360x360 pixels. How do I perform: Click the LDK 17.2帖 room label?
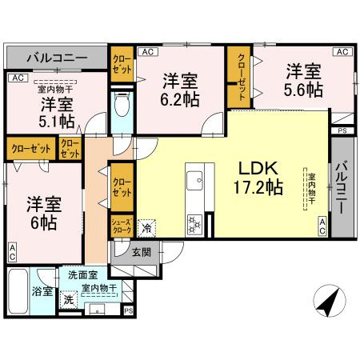[257, 178]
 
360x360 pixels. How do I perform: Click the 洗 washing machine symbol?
[70, 299]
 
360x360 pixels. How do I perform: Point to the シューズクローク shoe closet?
[122, 226]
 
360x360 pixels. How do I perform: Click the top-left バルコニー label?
[56, 58]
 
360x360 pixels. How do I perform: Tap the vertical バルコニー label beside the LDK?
[342, 186]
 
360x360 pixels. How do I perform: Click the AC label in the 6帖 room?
[13, 253]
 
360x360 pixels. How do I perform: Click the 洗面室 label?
[82, 274]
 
